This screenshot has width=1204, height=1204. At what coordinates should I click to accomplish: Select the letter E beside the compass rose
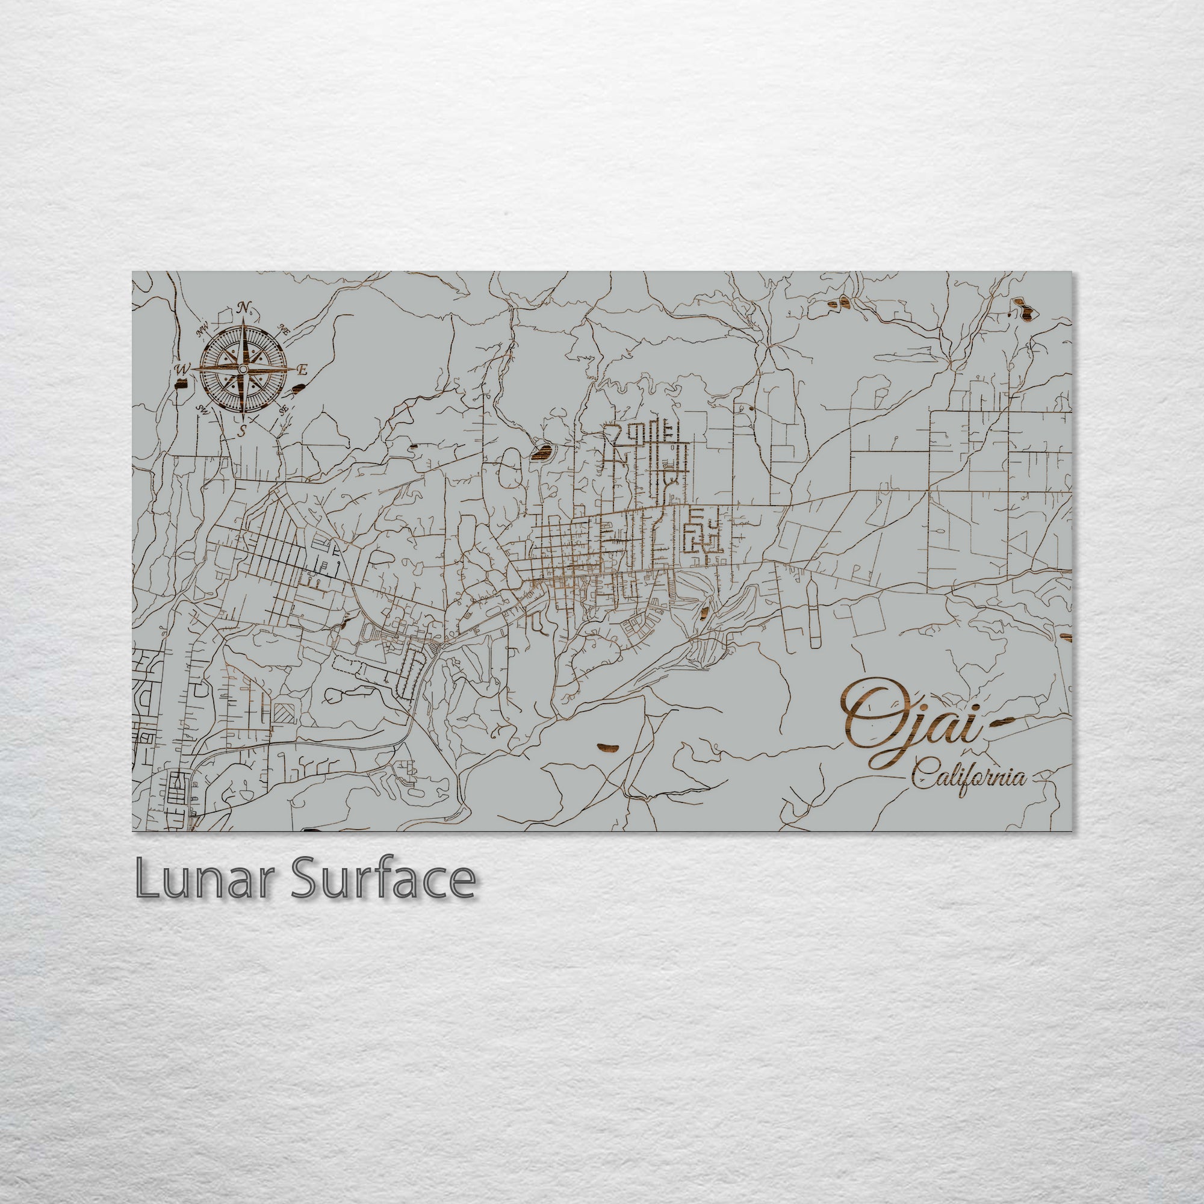pyautogui.click(x=303, y=370)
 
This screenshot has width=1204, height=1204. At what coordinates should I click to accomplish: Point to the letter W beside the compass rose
pyautogui.click(x=182, y=370)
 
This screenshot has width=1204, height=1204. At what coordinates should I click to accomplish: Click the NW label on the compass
pyautogui.click(x=202, y=330)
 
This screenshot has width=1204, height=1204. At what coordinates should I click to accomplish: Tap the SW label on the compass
pyautogui.click(x=202, y=409)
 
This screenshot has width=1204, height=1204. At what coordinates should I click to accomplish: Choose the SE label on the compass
pyautogui.click(x=284, y=409)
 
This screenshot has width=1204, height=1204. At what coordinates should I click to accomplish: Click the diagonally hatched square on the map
pyautogui.click(x=284, y=712)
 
